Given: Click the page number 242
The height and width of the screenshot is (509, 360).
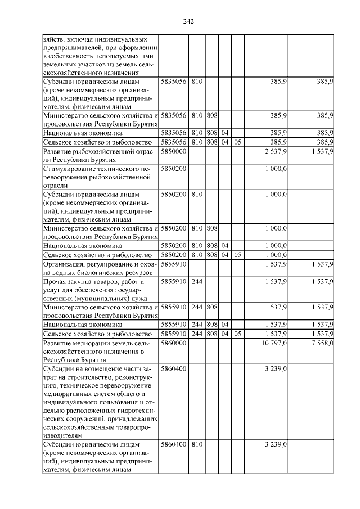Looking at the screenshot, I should [188, 21].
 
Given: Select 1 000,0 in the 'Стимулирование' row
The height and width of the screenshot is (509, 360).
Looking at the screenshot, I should [276, 169].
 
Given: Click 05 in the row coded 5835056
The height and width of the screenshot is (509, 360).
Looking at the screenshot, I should [237, 142].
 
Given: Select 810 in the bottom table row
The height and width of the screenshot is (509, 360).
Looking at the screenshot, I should [197, 444].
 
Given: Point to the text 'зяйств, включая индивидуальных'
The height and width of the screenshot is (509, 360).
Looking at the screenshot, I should [95, 40].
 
